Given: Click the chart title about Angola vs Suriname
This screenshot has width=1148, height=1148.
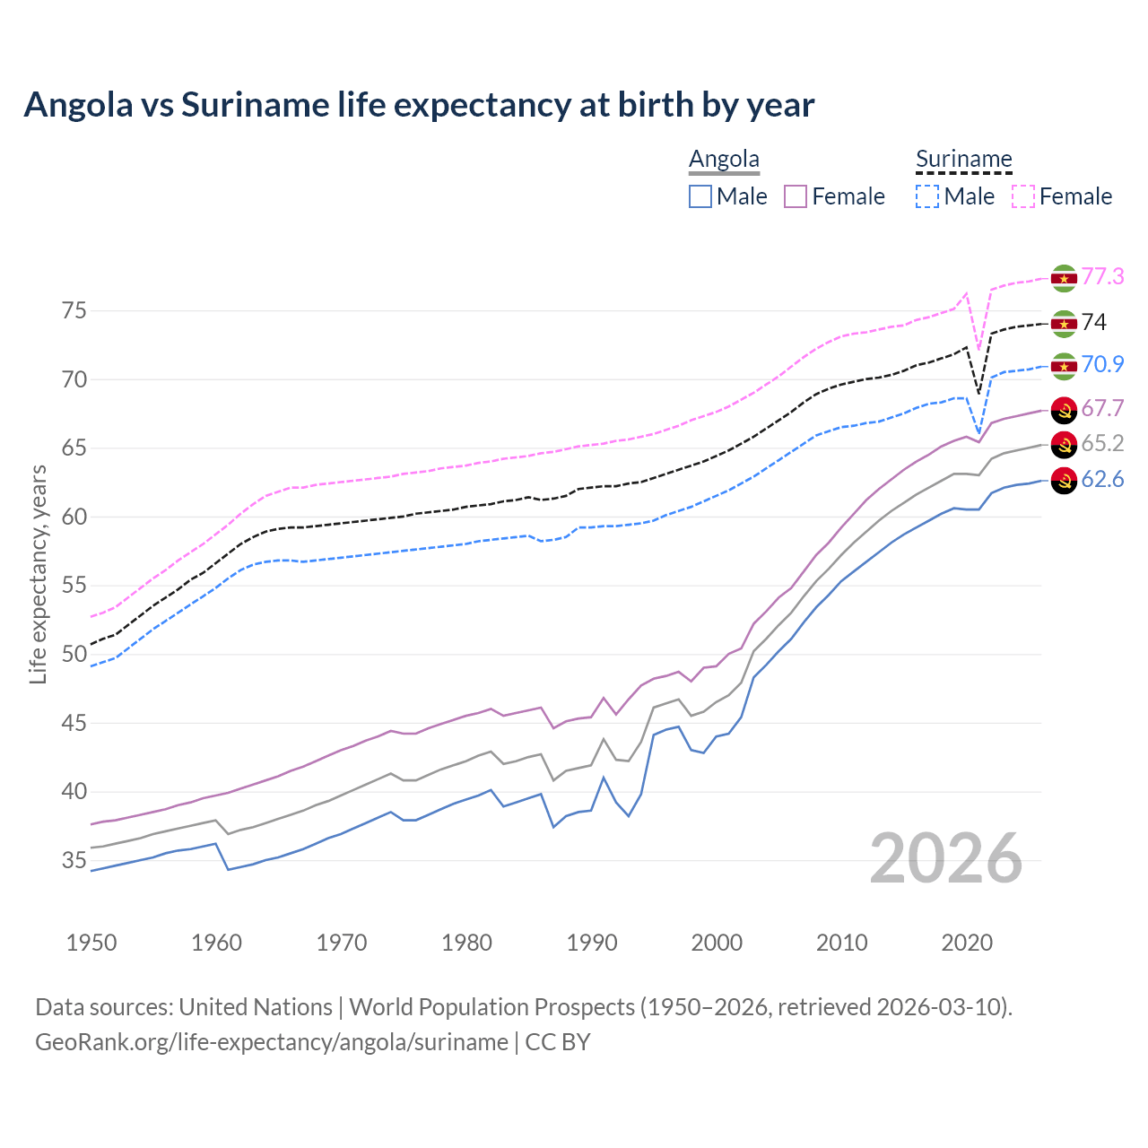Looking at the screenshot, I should (x=419, y=105).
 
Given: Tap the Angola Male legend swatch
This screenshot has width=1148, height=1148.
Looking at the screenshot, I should (x=700, y=196).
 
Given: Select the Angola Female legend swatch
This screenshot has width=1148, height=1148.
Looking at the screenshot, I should (x=796, y=196).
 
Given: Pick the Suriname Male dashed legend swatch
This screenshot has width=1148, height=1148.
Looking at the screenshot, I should (x=927, y=196).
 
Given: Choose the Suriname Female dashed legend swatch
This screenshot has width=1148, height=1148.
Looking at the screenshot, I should (x=1023, y=196).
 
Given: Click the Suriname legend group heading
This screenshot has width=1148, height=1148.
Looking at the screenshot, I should (x=963, y=160).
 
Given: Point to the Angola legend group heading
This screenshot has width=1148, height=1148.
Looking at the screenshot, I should (x=724, y=160).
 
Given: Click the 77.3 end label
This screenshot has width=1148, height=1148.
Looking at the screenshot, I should (x=1102, y=277).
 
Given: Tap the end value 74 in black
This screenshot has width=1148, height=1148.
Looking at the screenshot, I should (x=1093, y=323).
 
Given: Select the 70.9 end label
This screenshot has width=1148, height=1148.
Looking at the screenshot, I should (x=1102, y=364).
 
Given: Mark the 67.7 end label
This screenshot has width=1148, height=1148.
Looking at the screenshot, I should (x=1102, y=409).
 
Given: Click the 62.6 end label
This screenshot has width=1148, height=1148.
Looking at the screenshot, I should (x=1102, y=480).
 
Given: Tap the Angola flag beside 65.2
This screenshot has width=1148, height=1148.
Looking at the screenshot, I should (x=1064, y=445).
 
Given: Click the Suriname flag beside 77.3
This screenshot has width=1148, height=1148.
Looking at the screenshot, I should (x=1064, y=279).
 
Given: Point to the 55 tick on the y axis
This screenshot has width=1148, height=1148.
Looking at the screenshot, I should (x=74, y=586).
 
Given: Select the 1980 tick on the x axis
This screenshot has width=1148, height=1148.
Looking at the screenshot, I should (x=466, y=943).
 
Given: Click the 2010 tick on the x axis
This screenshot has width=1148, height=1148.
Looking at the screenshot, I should (x=841, y=943).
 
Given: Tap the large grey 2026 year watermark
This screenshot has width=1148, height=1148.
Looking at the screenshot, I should (x=946, y=858).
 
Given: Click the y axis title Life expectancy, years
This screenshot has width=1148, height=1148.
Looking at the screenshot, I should (x=38, y=574).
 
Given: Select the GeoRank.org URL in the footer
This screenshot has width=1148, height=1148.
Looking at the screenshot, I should (x=272, y=1042).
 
